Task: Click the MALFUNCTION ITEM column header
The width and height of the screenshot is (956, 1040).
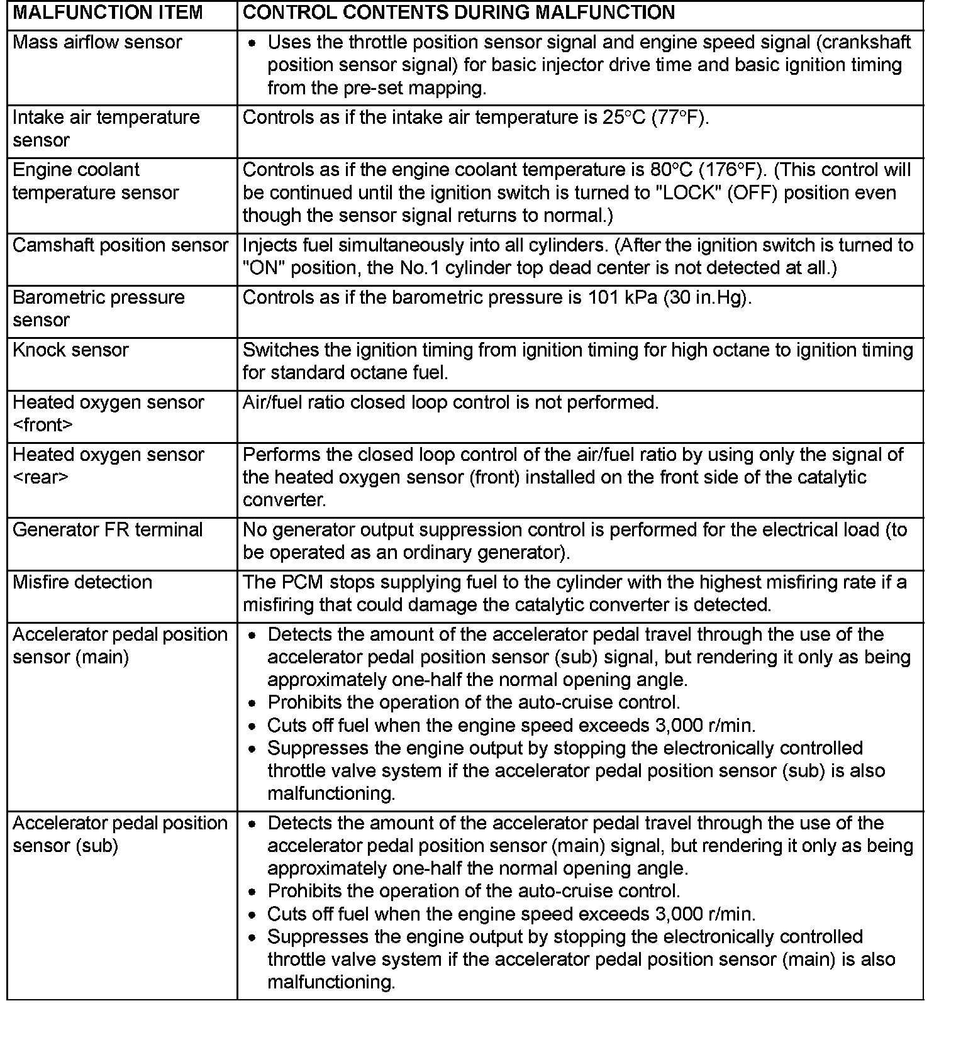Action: [x=108, y=13]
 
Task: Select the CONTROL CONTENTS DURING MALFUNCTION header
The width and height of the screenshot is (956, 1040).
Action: [x=459, y=13]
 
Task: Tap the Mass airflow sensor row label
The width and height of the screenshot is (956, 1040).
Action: [x=97, y=42]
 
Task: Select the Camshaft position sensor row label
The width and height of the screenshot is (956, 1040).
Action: [x=120, y=245]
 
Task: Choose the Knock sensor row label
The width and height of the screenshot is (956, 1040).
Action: [x=70, y=350]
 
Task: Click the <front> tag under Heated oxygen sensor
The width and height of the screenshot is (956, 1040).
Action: [x=43, y=425]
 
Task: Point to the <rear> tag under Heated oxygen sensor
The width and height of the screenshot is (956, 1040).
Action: [x=40, y=477]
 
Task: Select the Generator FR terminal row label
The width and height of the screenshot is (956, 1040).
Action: [x=108, y=530]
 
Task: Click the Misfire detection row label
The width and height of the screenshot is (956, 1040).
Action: [x=82, y=582]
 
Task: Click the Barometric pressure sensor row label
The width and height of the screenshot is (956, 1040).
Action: [x=99, y=308]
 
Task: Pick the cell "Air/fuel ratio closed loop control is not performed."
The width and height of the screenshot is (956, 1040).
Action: [x=450, y=402]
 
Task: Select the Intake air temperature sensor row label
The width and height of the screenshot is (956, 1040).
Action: [x=106, y=128]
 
